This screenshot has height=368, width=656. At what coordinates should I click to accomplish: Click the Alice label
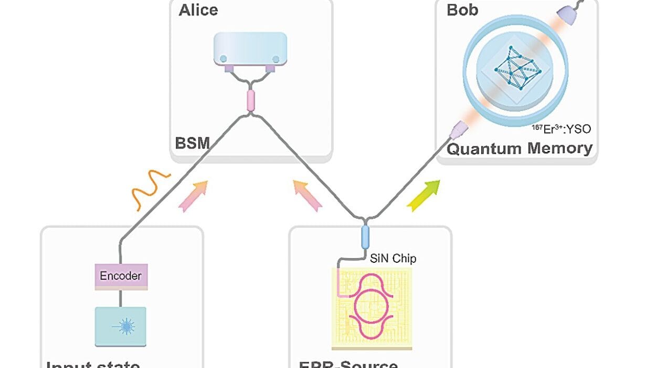click(198, 10)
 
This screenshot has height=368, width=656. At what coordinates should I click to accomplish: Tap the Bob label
click(462, 10)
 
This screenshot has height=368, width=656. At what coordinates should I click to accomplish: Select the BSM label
click(193, 142)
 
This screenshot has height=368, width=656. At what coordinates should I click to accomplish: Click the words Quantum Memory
click(519, 148)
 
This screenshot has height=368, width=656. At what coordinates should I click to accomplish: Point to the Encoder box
click(120, 275)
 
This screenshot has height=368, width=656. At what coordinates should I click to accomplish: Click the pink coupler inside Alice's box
click(250, 99)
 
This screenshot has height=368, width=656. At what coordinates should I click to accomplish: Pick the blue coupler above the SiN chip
click(366, 237)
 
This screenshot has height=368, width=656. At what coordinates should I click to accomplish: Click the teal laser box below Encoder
click(120, 326)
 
